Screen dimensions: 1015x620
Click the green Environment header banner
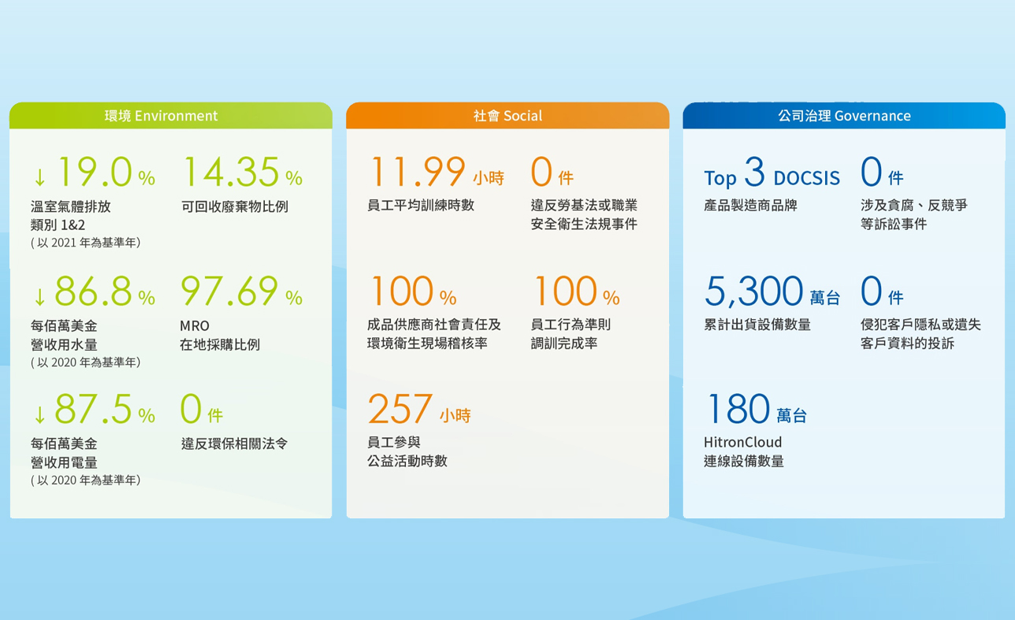[171, 116]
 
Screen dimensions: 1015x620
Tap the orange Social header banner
[507, 116]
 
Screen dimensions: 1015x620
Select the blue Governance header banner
[844, 116]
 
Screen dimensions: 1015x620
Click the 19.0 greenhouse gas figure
[95, 172]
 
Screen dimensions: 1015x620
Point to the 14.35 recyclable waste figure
[231, 172]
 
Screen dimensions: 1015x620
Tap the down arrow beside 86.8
[40, 296]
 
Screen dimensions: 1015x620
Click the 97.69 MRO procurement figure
[229, 291]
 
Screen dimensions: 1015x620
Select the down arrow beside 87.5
[40, 414]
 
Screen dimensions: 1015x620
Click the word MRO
[195, 325]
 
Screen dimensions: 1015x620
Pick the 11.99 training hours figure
[418, 172]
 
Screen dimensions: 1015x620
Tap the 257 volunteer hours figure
[400, 409]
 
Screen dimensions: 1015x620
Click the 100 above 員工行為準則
[566, 291]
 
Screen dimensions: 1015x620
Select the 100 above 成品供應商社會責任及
[403, 291]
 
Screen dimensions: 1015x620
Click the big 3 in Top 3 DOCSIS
[754, 172]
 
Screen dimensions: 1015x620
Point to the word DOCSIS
[807, 178]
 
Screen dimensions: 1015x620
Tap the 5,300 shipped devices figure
[754, 291]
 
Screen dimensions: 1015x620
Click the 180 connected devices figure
[738, 409]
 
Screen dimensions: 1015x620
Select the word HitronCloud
[742, 442]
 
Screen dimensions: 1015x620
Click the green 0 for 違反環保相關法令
[191, 409]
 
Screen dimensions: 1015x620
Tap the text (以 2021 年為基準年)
[86, 243]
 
